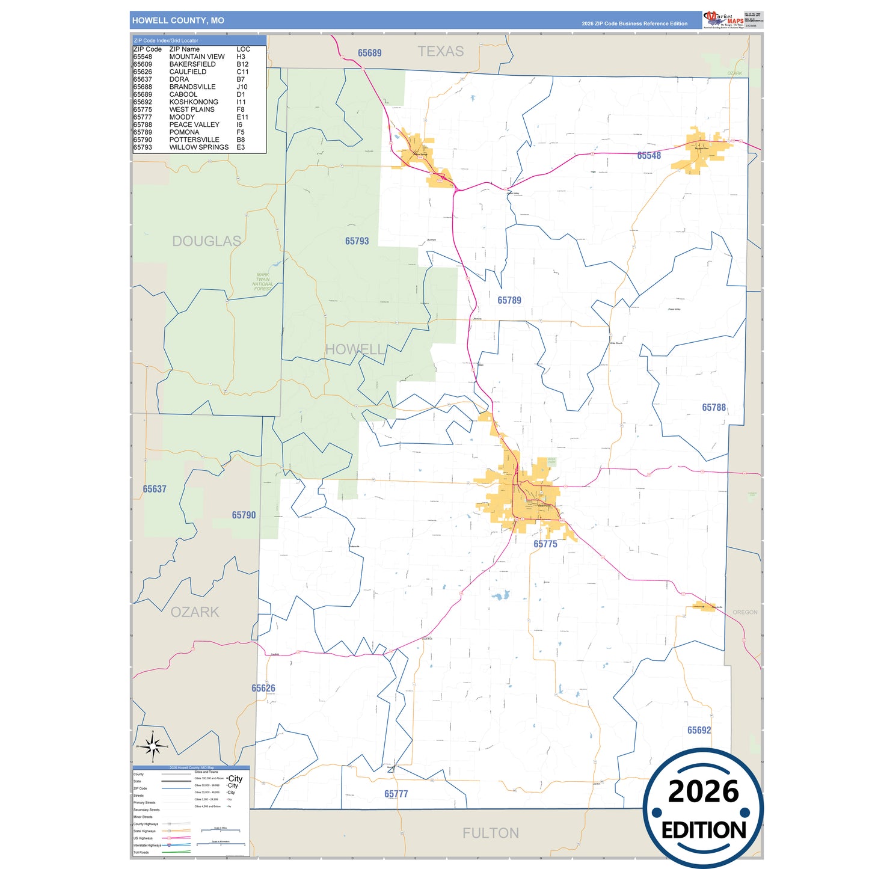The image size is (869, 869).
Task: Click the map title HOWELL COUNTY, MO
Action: click(x=178, y=20)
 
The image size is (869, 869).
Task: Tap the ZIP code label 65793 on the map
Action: click(x=357, y=241)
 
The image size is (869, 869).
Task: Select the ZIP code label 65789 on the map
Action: click(x=509, y=300)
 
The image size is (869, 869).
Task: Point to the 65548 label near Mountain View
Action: click(x=649, y=156)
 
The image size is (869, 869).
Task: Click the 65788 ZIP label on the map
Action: click(x=714, y=408)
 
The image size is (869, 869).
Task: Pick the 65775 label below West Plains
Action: click(x=545, y=544)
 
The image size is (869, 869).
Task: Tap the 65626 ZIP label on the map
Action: click(x=263, y=689)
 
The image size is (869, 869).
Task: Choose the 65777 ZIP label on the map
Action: click(x=396, y=794)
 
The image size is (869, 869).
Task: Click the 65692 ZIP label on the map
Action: click(x=699, y=730)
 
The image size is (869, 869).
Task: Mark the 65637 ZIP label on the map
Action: click(x=155, y=490)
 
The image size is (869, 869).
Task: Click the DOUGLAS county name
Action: click(x=206, y=241)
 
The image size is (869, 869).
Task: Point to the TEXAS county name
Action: click(x=441, y=52)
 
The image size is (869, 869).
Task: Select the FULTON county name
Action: click(x=490, y=833)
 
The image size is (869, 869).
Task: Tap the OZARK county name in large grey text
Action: click(x=195, y=612)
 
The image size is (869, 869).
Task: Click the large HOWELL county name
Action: click(x=355, y=349)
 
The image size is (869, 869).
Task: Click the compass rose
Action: click(x=153, y=746)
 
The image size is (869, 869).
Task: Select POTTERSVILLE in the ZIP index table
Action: click(x=194, y=140)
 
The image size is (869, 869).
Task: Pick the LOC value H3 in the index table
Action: click(x=241, y=57)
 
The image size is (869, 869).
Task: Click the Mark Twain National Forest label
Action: click(x=262, y=282)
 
